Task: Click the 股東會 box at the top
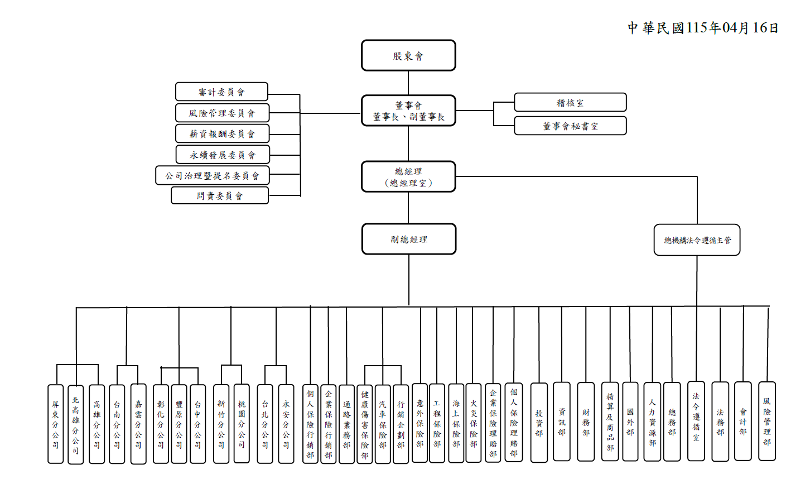pyautogui.click(x=408, y=55)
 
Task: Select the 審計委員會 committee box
pyautogui.click(x=221, y=92)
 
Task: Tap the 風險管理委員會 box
pyautogui.click(x=222, y=113)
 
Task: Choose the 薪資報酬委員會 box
pyautogui.click(x=222, y=133)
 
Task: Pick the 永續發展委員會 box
pyautogui.click(x=223, y=155)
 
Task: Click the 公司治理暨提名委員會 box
pyautogui.click(x=212, y=175)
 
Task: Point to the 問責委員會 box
pyautogui.click(x=220, y=195)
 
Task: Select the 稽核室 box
pyautogui.click(x=570, y=102)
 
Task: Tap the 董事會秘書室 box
pyautogui.click(x=570, y=126)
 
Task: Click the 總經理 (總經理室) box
pyautogui.click(x=408, y=176)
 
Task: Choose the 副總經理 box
pyautogui.click(x=409, y=239)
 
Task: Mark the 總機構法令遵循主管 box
pyautogui.click(x=697, y=240)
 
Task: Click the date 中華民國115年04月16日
pyautogui.click(x=703, y=28)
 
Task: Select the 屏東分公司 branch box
pyautogui.click(x=55, y=424)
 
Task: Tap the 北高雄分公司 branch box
pyautogui.click(x=75, y=424)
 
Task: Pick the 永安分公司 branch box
pyautogui.click(x=286, y=424)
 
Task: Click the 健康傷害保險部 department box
pyautogui.click(x=364, y=424)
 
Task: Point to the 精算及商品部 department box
pyautogui.click(x=610, y=421)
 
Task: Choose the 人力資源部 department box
pyautogui.click(x=652, y=421)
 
